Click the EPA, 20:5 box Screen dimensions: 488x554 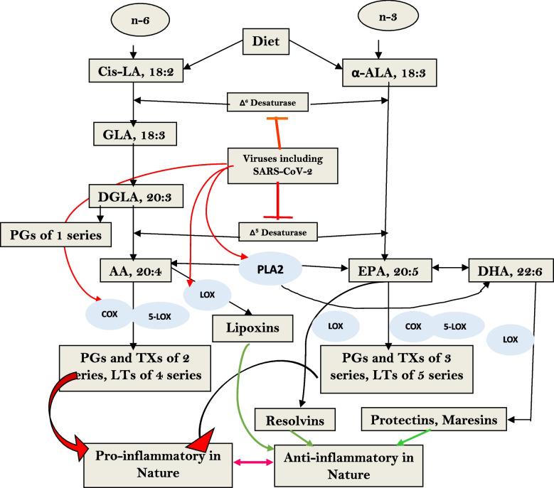pyautogui.click(x=385, y=270)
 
